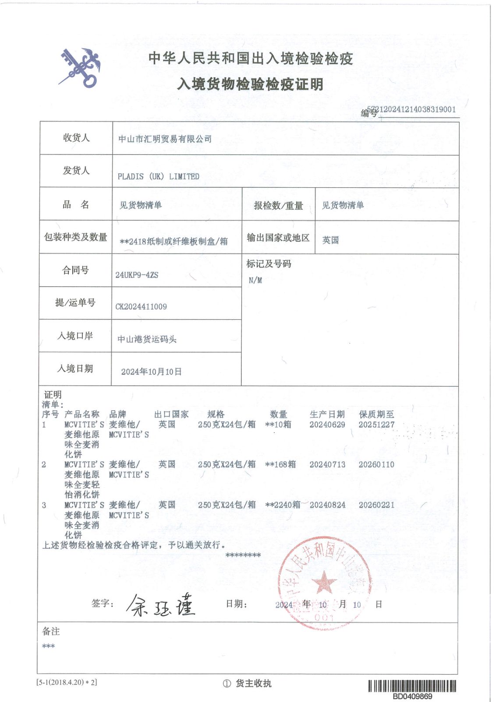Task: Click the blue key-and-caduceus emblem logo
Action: (x=80, y=68)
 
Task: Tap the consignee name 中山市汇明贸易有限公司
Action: (x=165, y=139)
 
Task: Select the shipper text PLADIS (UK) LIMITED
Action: (x=158, y=176)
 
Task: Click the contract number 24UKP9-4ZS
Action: (x=137, y=275)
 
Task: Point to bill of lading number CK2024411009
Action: (x=141, y=307)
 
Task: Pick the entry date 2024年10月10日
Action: (x=151, y=372)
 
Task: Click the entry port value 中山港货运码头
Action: (x=147, y=339)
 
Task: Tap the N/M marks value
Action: (x=255, y=280)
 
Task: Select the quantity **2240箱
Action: (x=283, y=505)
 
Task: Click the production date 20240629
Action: (x=327, y=425)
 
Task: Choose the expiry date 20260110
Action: (x=376, y=465)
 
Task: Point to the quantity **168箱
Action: (x=280, y=465)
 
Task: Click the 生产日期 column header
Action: (x=327, y=414)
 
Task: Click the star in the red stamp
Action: (x=324, y=583)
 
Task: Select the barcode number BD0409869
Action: (x=412, y=696)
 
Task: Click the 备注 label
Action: (x=51, y=631)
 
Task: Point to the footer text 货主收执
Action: (x=253, y=683)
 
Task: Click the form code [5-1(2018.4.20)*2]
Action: (x=67, y=682)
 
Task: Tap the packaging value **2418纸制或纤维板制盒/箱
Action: (x=174, y=241)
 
